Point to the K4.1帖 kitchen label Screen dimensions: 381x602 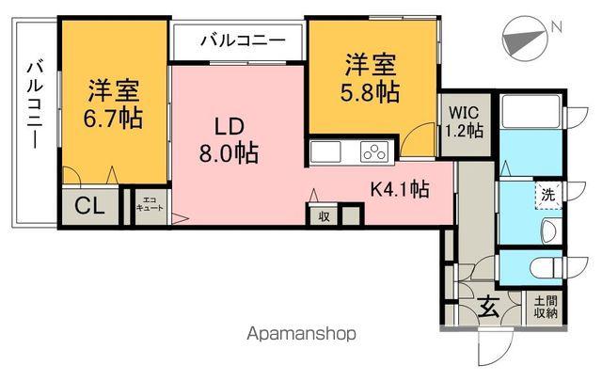pos(398,188)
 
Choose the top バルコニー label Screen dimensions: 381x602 pos(242,41)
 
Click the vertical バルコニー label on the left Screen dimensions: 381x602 pos(34,105)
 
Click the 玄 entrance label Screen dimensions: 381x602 pos(486,306)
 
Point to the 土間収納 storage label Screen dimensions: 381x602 pos(546,307)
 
